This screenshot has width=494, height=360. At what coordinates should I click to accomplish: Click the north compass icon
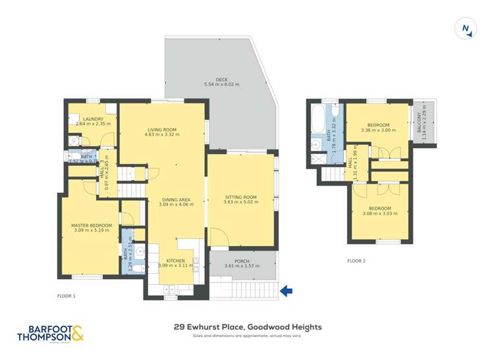[x=466, y=28]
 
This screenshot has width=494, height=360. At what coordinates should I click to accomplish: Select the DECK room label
[x=221, y=80]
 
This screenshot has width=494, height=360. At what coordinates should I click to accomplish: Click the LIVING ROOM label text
[x=162, y=129]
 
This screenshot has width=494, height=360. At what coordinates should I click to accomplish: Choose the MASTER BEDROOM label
[x=92, y=226]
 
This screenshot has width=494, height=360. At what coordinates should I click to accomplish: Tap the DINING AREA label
[x=175, y=199]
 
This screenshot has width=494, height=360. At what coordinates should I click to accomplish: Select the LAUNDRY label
[x=93, y=118]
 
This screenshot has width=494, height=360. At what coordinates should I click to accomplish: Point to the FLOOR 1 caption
[x=67, y=296]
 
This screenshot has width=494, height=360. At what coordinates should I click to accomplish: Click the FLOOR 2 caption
[x=356, y=261]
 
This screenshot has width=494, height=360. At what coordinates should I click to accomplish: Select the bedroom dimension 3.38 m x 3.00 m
[x=379, y=130]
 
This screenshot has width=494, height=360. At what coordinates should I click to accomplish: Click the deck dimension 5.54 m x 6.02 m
[x=221, y=85]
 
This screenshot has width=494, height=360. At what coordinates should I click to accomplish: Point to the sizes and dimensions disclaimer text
[x=247, y=336]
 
